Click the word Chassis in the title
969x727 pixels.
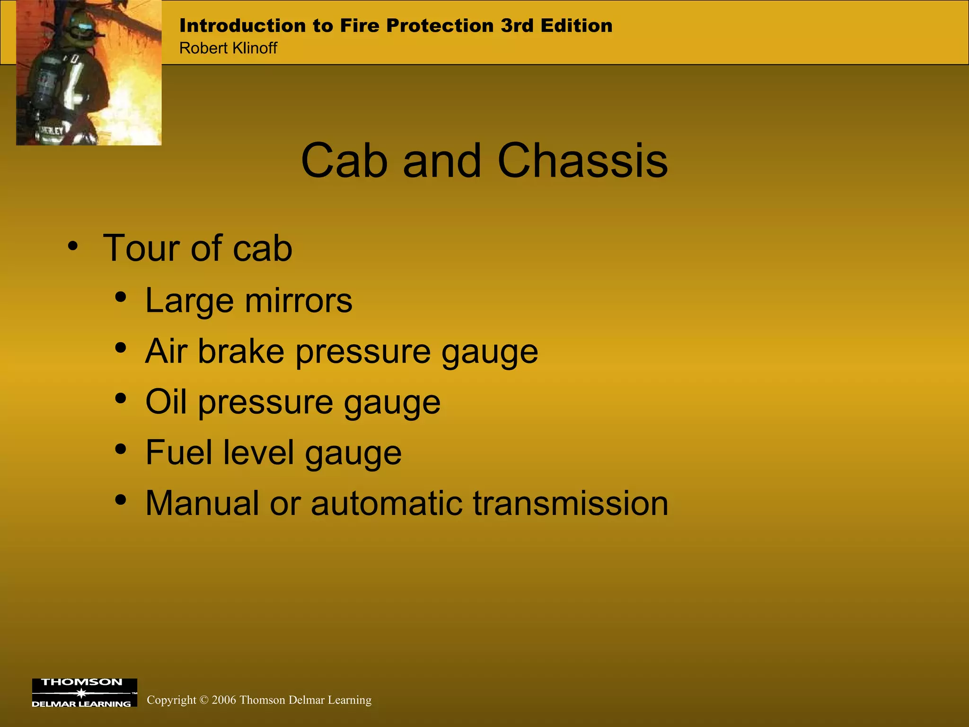(582, 161)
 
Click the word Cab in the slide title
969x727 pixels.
(344, 161)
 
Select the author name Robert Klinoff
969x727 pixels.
(228, 48)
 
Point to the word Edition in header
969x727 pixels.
(576, 26)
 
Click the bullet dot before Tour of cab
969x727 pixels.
(72, 246)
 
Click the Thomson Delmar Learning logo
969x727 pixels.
(84, 693)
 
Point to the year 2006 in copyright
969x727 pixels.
(224, 700)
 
